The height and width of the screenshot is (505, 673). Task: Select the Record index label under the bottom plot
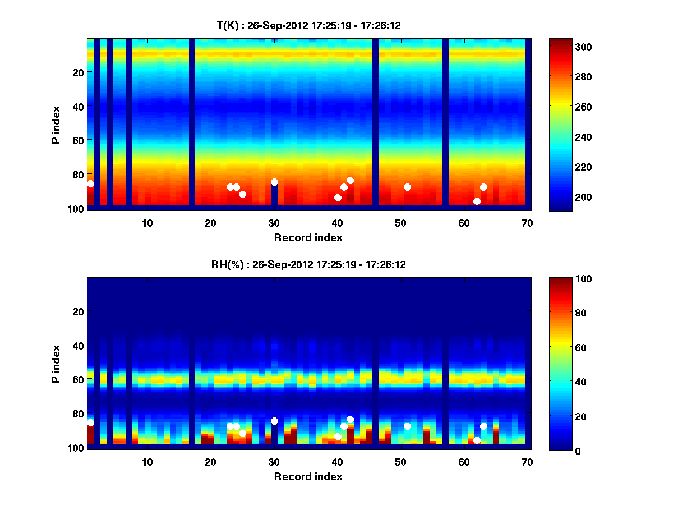[308, 476]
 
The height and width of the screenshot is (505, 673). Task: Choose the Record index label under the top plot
[308, 237]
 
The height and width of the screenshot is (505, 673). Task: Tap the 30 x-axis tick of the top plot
[274, 223]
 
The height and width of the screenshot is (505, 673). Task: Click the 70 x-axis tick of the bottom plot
[527, 462]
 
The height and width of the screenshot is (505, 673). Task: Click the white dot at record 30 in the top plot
[274, 182]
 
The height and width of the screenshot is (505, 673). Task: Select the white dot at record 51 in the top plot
[407, 187]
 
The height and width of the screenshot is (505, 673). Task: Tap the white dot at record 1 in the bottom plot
[91, 423]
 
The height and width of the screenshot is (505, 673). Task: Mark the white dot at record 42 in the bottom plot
[350, 419]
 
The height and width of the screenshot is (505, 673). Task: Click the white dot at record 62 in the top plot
[477, 201]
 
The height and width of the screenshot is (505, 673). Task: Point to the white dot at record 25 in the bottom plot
[242, 433]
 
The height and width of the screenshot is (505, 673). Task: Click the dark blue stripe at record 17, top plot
[192, 123]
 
